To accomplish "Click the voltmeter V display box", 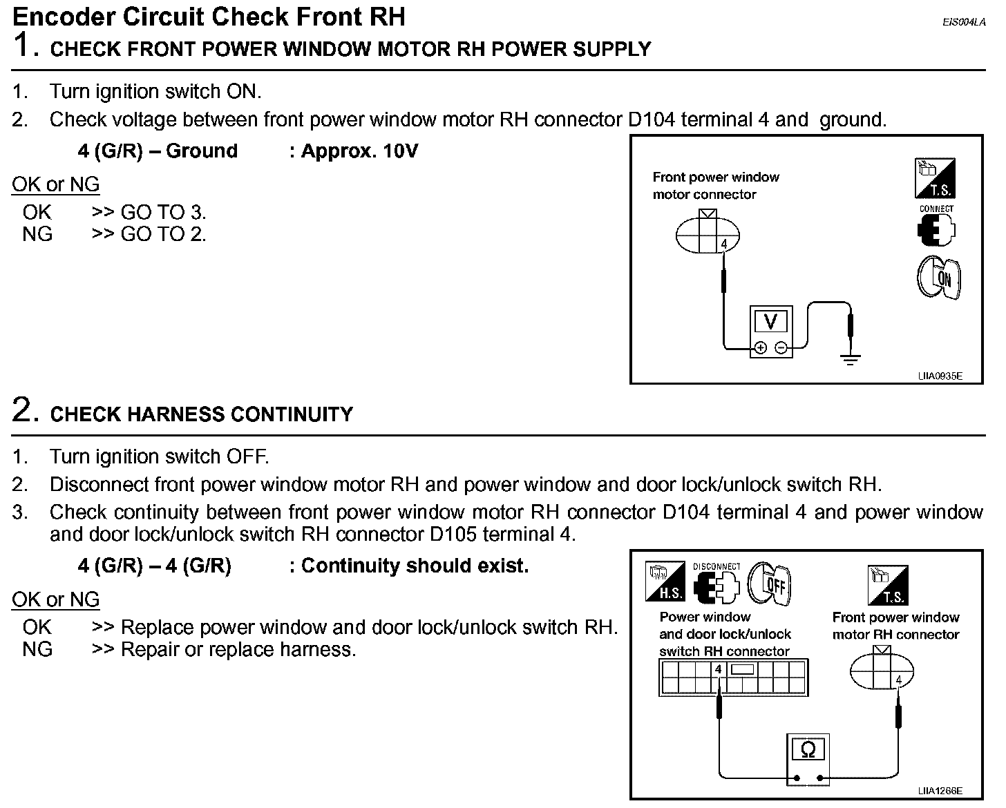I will pyautogui.click(x=770, y=321).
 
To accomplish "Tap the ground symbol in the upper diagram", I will pyautogui.click(x=850, y=358).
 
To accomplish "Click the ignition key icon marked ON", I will pyautogui.click(x=938, y=278).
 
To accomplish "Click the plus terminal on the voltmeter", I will pyautogui.click(x=760, y=348).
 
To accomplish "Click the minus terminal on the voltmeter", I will pyautogui.click(x=781, y=348).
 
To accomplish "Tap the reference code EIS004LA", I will pyautogui.click(x=963, y=22).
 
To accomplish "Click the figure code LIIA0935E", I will pyautogui.click(x=940, y=376).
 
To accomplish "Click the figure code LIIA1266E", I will pyautogui.click(x=940, y=791).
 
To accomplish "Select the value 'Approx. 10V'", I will pyautogui.click(x=359, y=151).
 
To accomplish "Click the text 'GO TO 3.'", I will pyautogui.click(x=163, y=212).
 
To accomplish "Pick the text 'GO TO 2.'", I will pyautogui.click(x=163, y=234).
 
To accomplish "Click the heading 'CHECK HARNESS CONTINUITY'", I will pyautogui.click(x=201, y=414).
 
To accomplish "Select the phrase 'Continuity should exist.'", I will pyautogui.click(x=415, y=566).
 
